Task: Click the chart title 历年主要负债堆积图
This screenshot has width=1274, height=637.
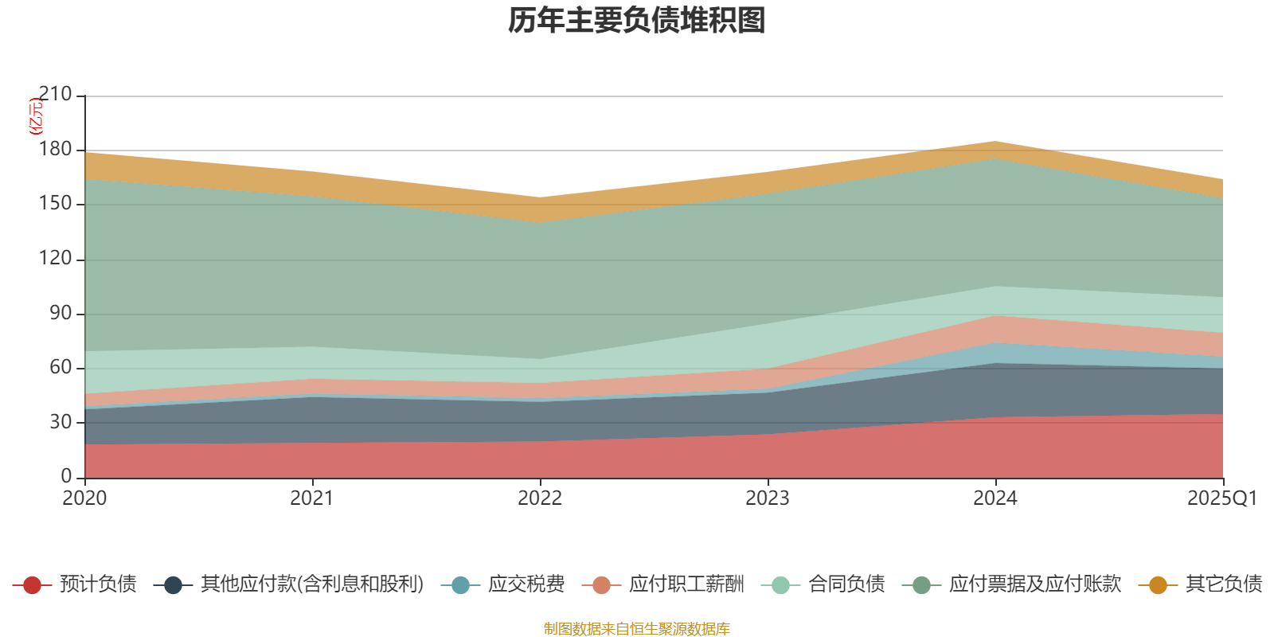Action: (x=637, y=21)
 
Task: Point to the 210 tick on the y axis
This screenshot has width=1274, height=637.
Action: (x=54, y=95)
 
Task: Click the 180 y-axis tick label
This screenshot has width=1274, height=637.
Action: (x=54, y=150)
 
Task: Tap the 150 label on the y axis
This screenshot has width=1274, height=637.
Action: (x=54, y=204)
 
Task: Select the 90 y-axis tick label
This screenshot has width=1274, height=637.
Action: (x=60, y=313)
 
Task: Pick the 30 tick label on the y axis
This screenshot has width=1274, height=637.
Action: (x=60, y=422)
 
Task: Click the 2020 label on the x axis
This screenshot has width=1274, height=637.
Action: (x=84, y=498)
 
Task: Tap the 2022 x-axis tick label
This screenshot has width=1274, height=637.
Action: (x=540, y=498)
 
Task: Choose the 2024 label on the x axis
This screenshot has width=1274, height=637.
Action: (x=995, y=498)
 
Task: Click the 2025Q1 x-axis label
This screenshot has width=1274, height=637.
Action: (x=1221, y=498)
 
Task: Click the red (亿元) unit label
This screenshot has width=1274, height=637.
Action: (x=36, y=116)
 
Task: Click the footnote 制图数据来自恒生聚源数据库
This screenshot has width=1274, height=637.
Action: (x=637, y=629)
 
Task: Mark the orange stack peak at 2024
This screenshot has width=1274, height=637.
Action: (x=995, y=143)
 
